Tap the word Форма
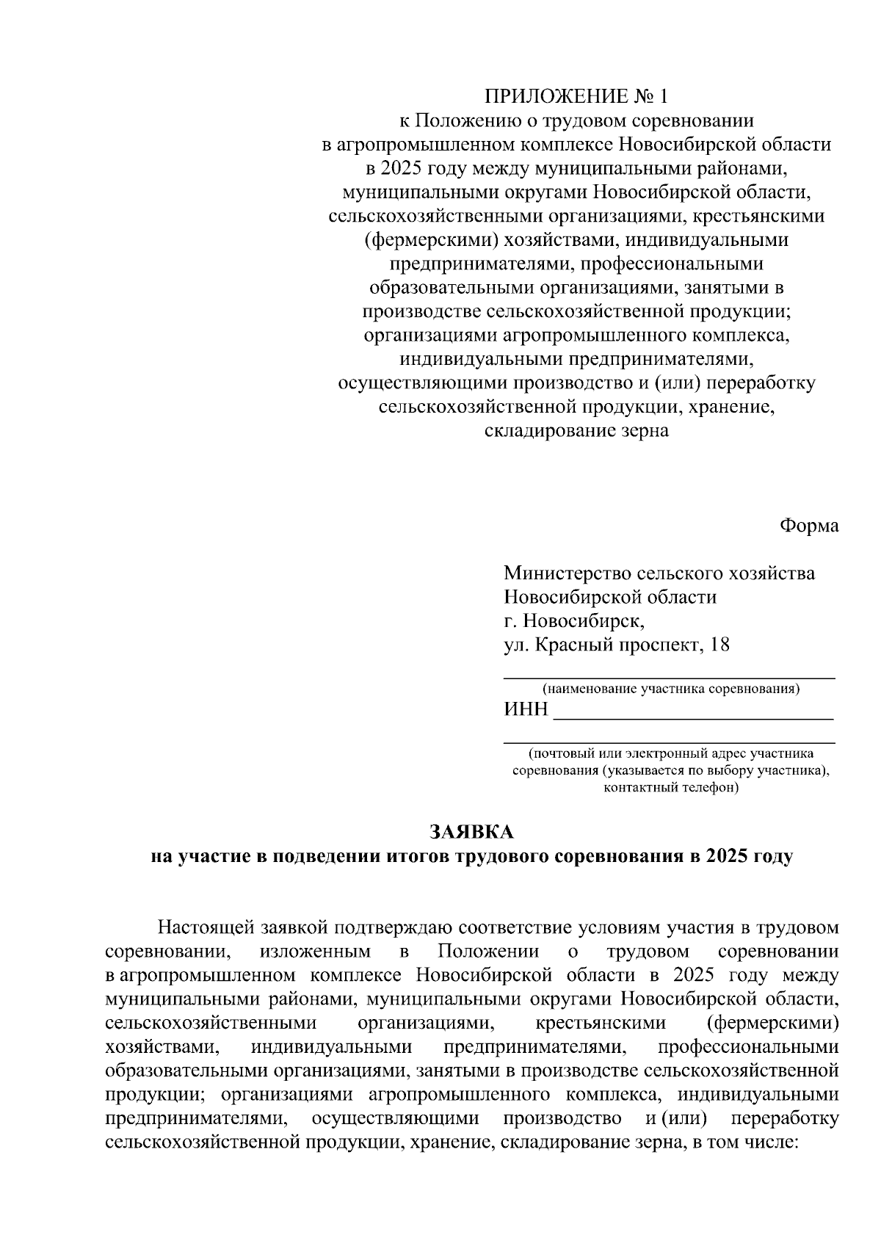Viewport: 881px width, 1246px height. [x=809, y=526]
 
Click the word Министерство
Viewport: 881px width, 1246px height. [x=567, y=573]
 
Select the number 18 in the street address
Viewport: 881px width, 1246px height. [x=721, y=645]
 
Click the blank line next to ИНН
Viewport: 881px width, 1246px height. [x=693, y=718]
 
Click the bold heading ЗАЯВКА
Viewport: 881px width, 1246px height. [x=472, y=832]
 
